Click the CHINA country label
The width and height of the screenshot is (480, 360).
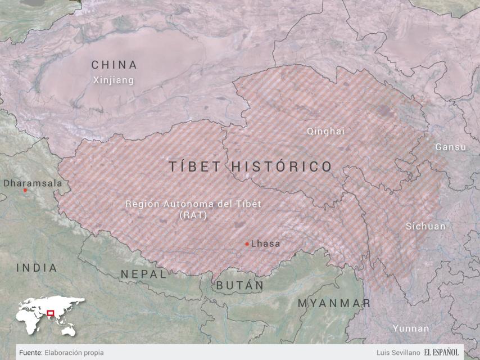(x=114, y=65)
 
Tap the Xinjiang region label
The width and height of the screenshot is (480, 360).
(x=114, y=80)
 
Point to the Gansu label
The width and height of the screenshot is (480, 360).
(x=450, y=147)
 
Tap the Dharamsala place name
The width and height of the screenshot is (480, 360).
(x=33, y=183)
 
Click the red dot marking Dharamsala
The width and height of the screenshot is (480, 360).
(x=25, y=190)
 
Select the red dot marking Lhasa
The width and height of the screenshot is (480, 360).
(x=247, y=244)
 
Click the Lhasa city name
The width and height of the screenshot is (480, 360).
(x=265, y=244)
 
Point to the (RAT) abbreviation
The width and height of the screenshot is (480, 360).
(x=193, y=215)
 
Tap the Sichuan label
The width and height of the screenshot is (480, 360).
(x=425, y=226)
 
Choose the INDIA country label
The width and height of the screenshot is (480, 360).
(x=37, y=268)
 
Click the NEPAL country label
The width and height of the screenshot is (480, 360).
(x=144, y=274)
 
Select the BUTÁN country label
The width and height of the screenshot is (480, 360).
(x=240, y=285)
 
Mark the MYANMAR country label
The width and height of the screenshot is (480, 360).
(x=334, y=303)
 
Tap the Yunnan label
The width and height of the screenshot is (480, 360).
(x=411, y=328)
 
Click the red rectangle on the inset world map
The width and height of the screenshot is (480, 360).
(x=50, y=313)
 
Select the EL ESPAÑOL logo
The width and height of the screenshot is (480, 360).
(x=442, y=352)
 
